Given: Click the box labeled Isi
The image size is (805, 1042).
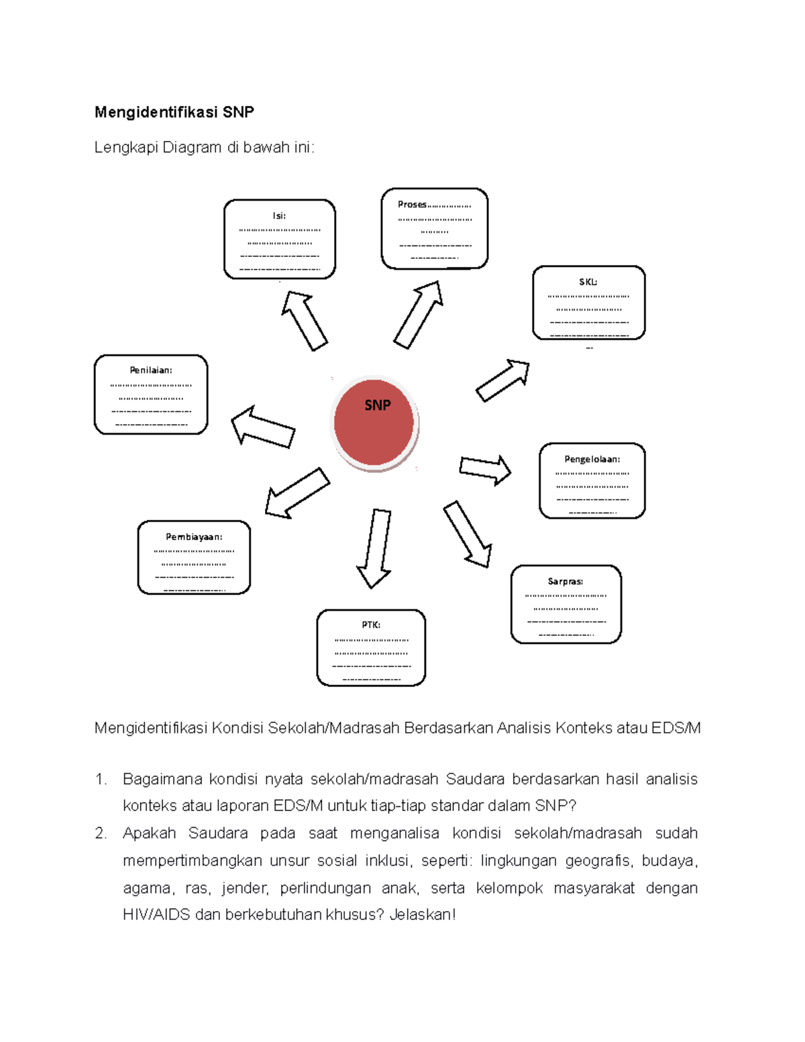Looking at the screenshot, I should [x=279, y=240].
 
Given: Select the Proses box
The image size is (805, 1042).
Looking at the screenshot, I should [x=434, y=229].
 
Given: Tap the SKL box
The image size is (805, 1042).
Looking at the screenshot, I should [x=588, y=303].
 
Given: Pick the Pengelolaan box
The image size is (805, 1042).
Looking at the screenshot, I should [x=592, y=480].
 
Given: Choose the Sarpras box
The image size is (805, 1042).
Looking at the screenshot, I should [x=566, y=605].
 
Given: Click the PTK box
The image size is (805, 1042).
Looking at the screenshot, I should [x=371, y=647].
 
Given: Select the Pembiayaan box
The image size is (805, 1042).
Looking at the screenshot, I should [x=194, y=558].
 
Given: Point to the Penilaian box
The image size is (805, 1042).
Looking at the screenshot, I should [x=151, y=395].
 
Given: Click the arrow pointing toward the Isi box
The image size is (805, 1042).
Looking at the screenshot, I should [x=304, y=320].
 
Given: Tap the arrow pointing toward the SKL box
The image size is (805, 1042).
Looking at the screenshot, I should [x=503, y=380].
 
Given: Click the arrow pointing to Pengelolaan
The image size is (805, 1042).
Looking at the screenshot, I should [x=485, y=469].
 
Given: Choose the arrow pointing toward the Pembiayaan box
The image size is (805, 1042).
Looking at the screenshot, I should [x=297, y=493].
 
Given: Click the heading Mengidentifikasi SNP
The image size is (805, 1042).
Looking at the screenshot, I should [x=174, y=112].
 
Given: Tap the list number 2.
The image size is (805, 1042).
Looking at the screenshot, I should [x=100, y=833].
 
